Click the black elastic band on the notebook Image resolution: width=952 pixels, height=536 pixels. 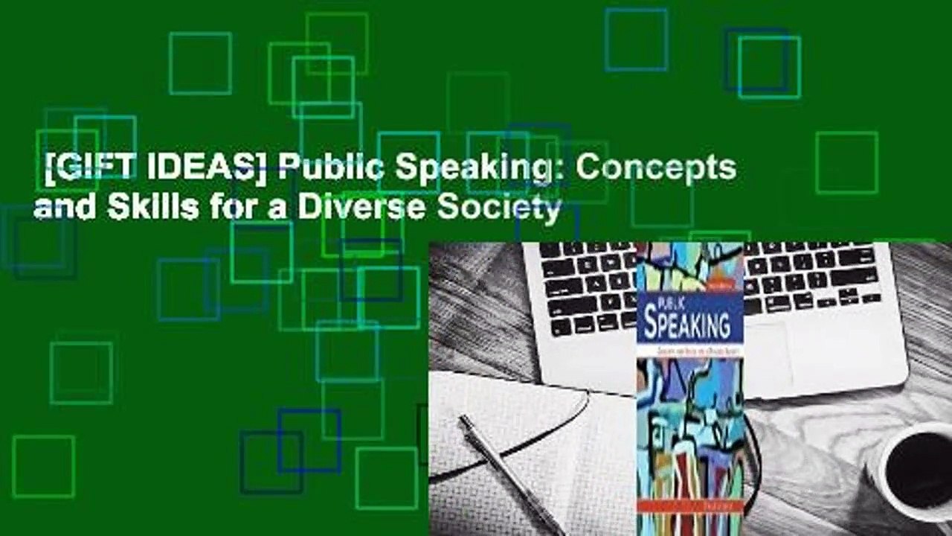pos(521,439)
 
